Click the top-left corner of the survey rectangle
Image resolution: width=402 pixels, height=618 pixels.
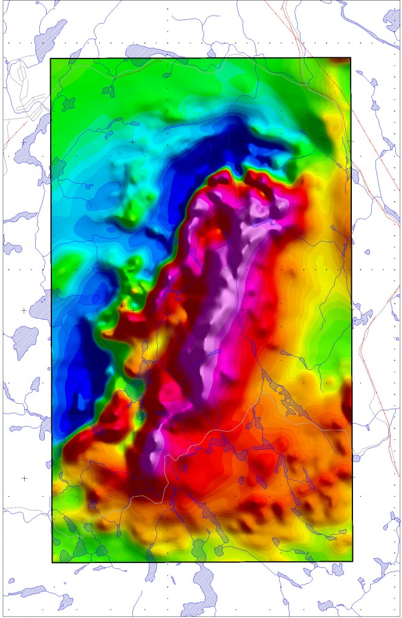51,59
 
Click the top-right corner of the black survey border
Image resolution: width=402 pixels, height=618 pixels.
351,58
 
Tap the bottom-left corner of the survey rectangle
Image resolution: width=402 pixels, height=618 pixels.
52,562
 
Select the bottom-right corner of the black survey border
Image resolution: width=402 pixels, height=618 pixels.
352,561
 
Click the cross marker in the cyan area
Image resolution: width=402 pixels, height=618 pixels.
132,142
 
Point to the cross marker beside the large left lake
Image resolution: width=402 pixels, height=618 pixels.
24,310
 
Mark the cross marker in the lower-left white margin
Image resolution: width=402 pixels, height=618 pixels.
24,478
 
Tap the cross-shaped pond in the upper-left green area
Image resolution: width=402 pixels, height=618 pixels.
109,91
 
